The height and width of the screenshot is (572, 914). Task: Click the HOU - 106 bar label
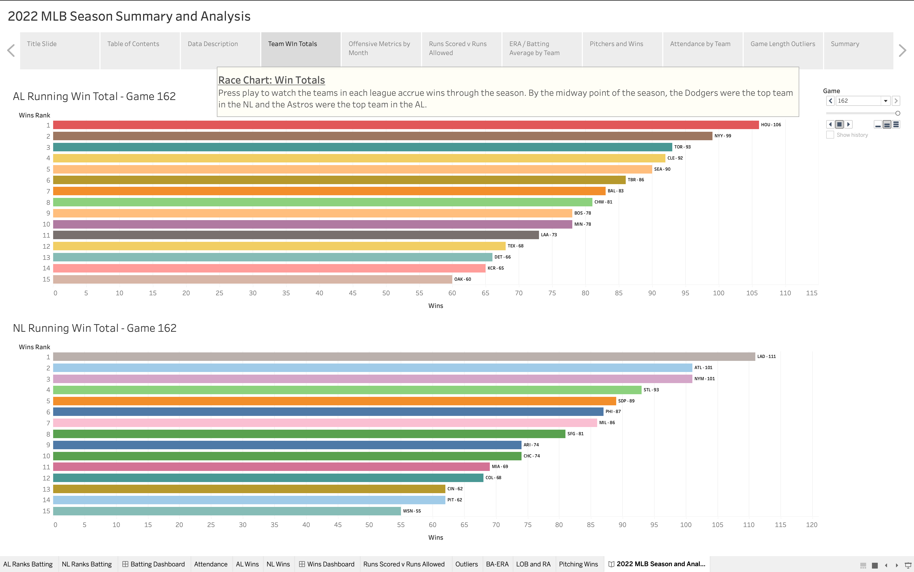771,125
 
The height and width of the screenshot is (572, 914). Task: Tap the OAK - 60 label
463,279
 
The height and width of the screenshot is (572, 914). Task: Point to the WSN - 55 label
412,511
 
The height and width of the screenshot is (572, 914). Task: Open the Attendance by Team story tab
700,44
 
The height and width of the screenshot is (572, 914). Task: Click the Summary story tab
845,44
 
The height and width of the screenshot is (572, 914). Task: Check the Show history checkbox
830,135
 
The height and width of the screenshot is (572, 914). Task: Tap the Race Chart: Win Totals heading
272,80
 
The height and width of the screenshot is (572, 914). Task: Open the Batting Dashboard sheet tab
154,564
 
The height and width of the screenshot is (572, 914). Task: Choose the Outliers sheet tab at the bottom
466,564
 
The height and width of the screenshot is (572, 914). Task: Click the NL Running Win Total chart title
94,328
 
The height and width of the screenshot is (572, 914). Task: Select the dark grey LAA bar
295,235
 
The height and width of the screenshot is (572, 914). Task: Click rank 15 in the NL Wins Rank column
46,511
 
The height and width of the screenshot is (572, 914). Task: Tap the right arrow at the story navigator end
903,50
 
